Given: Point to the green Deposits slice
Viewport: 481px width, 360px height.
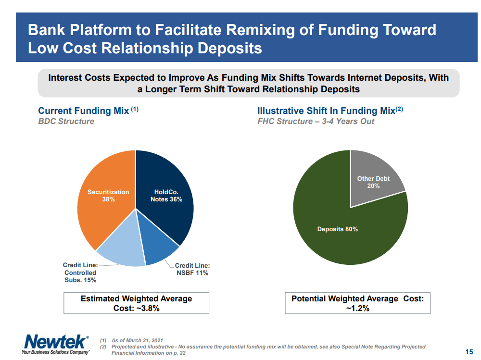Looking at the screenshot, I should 337,236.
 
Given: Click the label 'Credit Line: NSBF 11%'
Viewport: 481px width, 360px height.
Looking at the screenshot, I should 192,269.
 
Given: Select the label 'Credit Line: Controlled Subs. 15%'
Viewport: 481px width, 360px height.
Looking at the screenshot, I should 80,273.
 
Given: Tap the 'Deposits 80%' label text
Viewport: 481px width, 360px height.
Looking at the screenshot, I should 337,229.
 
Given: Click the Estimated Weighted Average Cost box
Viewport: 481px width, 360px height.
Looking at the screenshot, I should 136,303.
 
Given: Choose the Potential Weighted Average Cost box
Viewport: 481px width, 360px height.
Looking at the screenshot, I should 357,303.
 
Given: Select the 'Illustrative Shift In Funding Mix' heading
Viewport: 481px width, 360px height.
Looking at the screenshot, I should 326,111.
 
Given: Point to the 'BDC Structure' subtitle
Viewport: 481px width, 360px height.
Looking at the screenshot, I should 66,121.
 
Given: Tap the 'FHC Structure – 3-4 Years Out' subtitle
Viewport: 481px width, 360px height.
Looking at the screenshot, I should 316,121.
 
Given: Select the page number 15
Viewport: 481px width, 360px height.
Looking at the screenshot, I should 469,351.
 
